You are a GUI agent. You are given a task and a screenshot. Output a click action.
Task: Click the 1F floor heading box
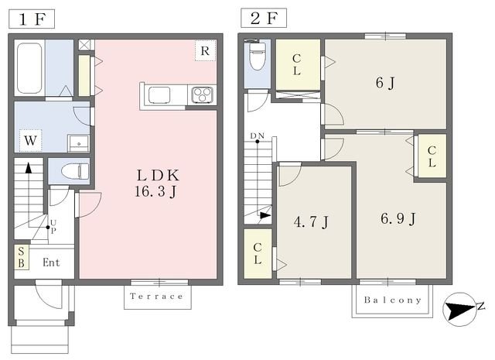pos(32,19)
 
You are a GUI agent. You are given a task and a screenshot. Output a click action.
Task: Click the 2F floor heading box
pos(264,18)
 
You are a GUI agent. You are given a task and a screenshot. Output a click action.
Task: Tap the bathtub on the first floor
pos(29,68)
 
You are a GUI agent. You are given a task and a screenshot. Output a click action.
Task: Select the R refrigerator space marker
pos(205,50)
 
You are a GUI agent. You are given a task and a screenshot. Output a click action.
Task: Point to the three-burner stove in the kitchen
pos(202,94)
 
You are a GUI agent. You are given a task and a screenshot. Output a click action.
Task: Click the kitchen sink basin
pos(159,94)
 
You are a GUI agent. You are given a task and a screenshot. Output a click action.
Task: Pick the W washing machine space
pos(30,140)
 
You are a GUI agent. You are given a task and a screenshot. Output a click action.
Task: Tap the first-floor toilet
pos(75,172)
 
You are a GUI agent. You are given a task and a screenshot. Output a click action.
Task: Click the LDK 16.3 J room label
pos(157,183)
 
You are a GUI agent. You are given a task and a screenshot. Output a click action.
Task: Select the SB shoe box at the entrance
pos(22,257)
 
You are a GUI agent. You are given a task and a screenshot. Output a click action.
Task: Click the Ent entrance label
pos(51,262)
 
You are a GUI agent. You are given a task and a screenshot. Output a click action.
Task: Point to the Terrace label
pos(156,297)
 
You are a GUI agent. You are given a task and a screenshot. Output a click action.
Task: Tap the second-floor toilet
pos(257,56)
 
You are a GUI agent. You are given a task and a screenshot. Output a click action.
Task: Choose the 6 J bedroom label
pos(385,83)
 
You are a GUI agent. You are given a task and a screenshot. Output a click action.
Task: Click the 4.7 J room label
pos(311,221)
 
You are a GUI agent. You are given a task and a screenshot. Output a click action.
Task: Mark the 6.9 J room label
pos(398,219)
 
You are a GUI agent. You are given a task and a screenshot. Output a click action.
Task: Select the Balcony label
pos(393,300)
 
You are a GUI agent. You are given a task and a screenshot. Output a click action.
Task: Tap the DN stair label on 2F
pos(258,136)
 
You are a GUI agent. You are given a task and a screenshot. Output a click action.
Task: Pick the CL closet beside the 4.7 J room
pos(258,253)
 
